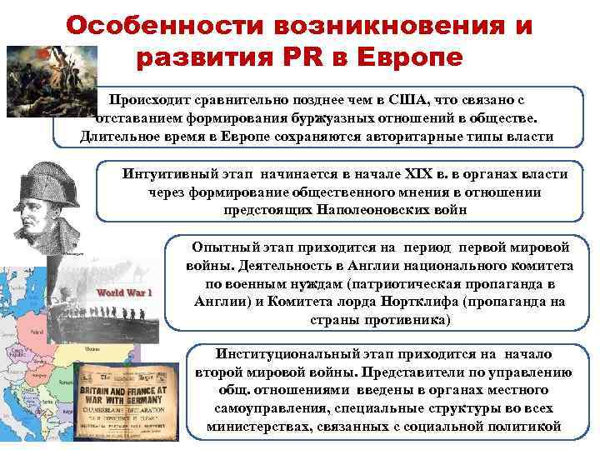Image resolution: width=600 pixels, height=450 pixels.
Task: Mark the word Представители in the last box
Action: pyautogui.click(x=381, y=371)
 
